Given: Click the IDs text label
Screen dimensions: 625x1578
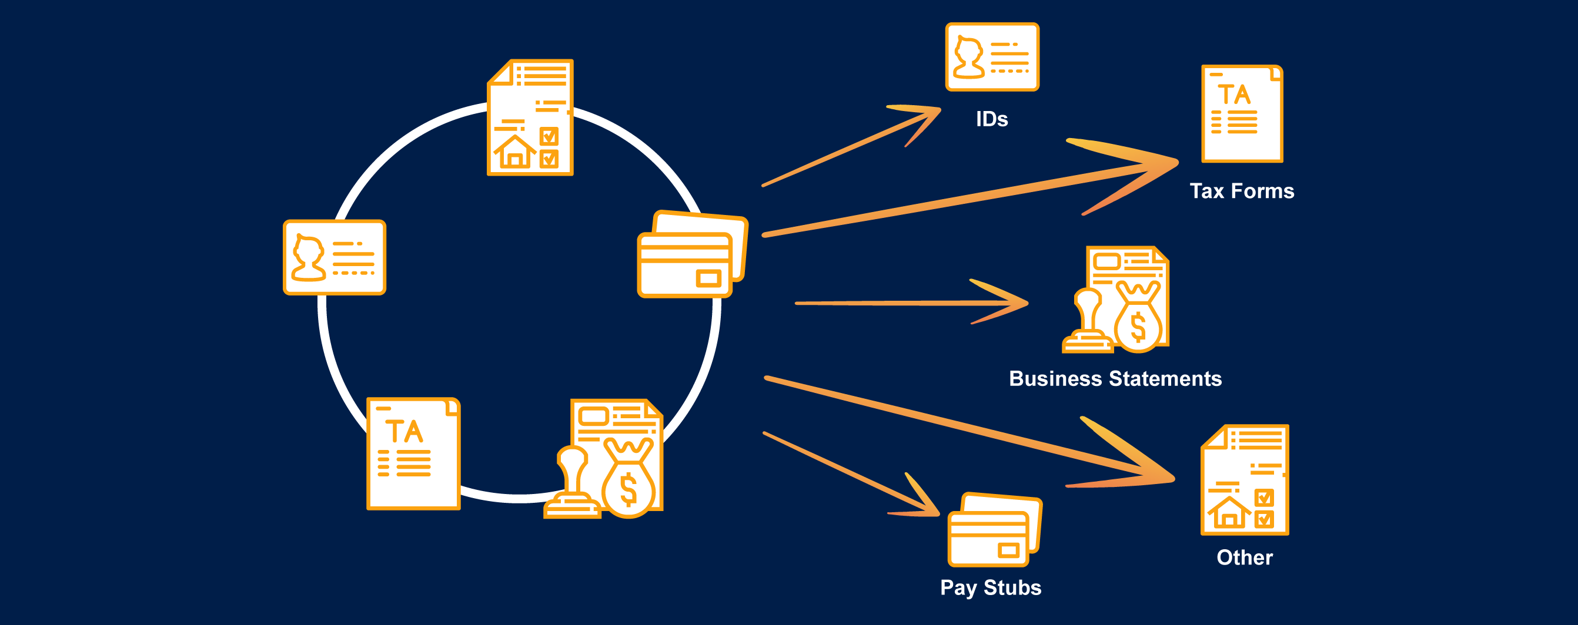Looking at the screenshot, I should [x=992, y=119].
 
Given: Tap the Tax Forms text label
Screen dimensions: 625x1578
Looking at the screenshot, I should [x=1242, y=191].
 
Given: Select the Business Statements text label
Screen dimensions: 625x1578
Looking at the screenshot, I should [x=1115, y=378].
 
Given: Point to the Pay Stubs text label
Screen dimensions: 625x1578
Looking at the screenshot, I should [x=991, y=587].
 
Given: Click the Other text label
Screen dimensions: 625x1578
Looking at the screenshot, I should [x=1244, y=557].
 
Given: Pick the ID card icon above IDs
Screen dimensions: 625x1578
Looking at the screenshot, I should [x=992, y=57].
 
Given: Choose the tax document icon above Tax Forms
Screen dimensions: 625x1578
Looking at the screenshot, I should [x=1242, y=114].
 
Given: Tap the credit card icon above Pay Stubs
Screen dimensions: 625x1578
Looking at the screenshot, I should [x=994, y=530].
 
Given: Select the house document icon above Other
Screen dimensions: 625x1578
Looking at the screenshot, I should [x=1244, y=480].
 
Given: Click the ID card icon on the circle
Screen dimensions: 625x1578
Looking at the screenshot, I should [x=335, y=257].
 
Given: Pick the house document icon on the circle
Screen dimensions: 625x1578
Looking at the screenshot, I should [x=530, y=117].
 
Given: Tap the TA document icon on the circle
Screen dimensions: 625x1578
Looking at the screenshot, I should [x=413, y=453].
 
